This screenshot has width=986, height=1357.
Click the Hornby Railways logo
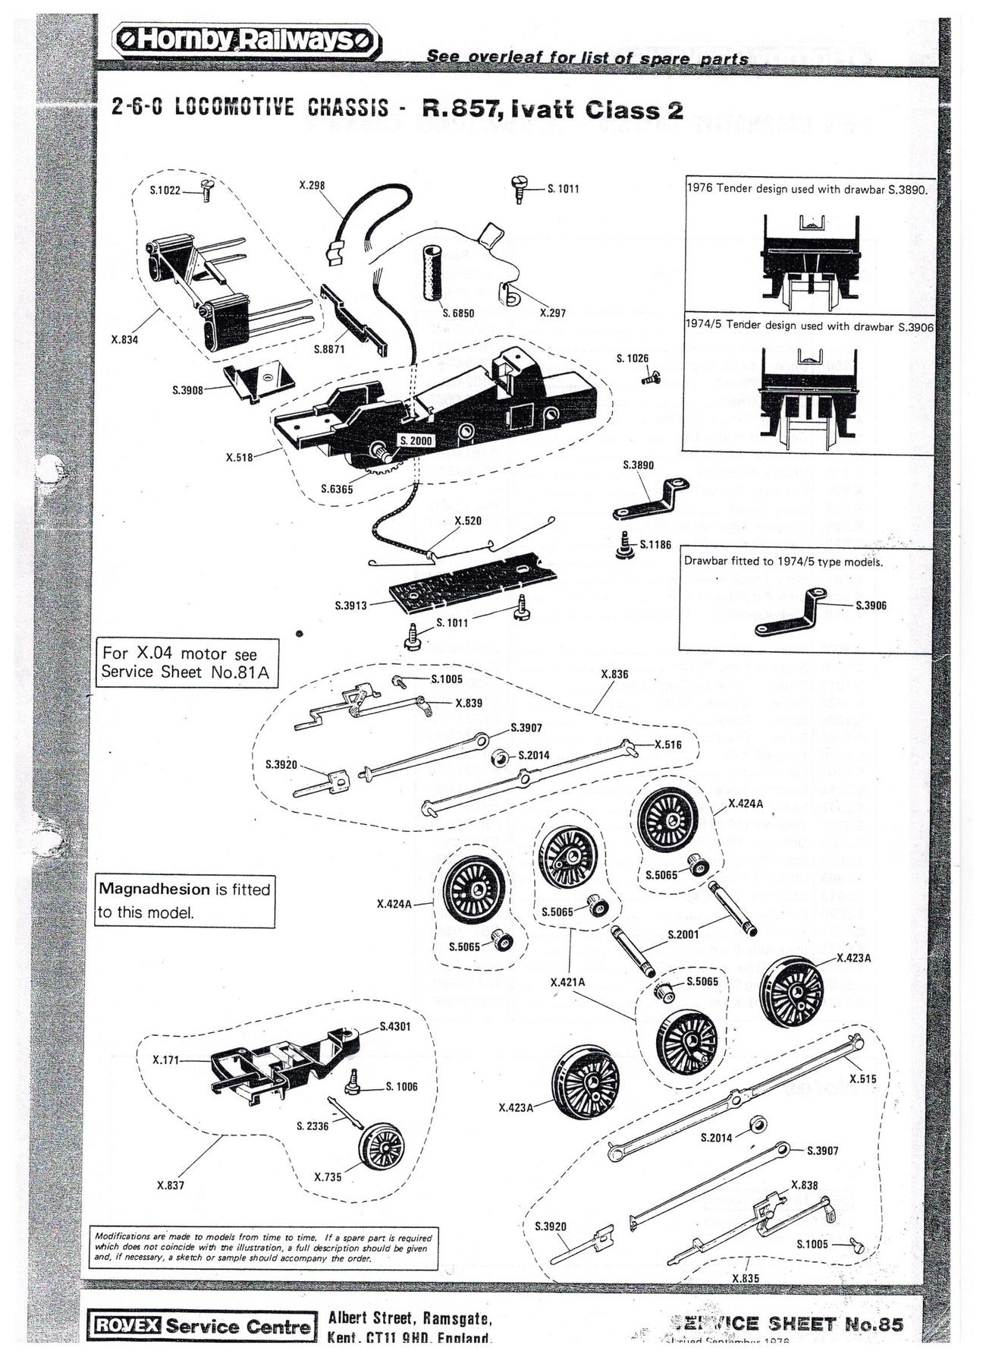click(246, 40)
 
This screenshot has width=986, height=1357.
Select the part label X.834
click(124, 339)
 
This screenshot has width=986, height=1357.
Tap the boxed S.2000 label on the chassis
click(416, 441)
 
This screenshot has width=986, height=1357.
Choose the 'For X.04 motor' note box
click(187, 663)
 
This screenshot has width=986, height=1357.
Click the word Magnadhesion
click(154, 889)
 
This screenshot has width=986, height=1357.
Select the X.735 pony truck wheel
click(381, 1146)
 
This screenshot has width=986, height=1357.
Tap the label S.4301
click(394, 1027)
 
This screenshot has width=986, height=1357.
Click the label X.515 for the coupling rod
click(862, 1078)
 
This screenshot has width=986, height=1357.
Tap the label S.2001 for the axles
click(683, 934)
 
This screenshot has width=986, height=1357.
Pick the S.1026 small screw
click(652, 376)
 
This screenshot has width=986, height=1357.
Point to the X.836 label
click(614, 674)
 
